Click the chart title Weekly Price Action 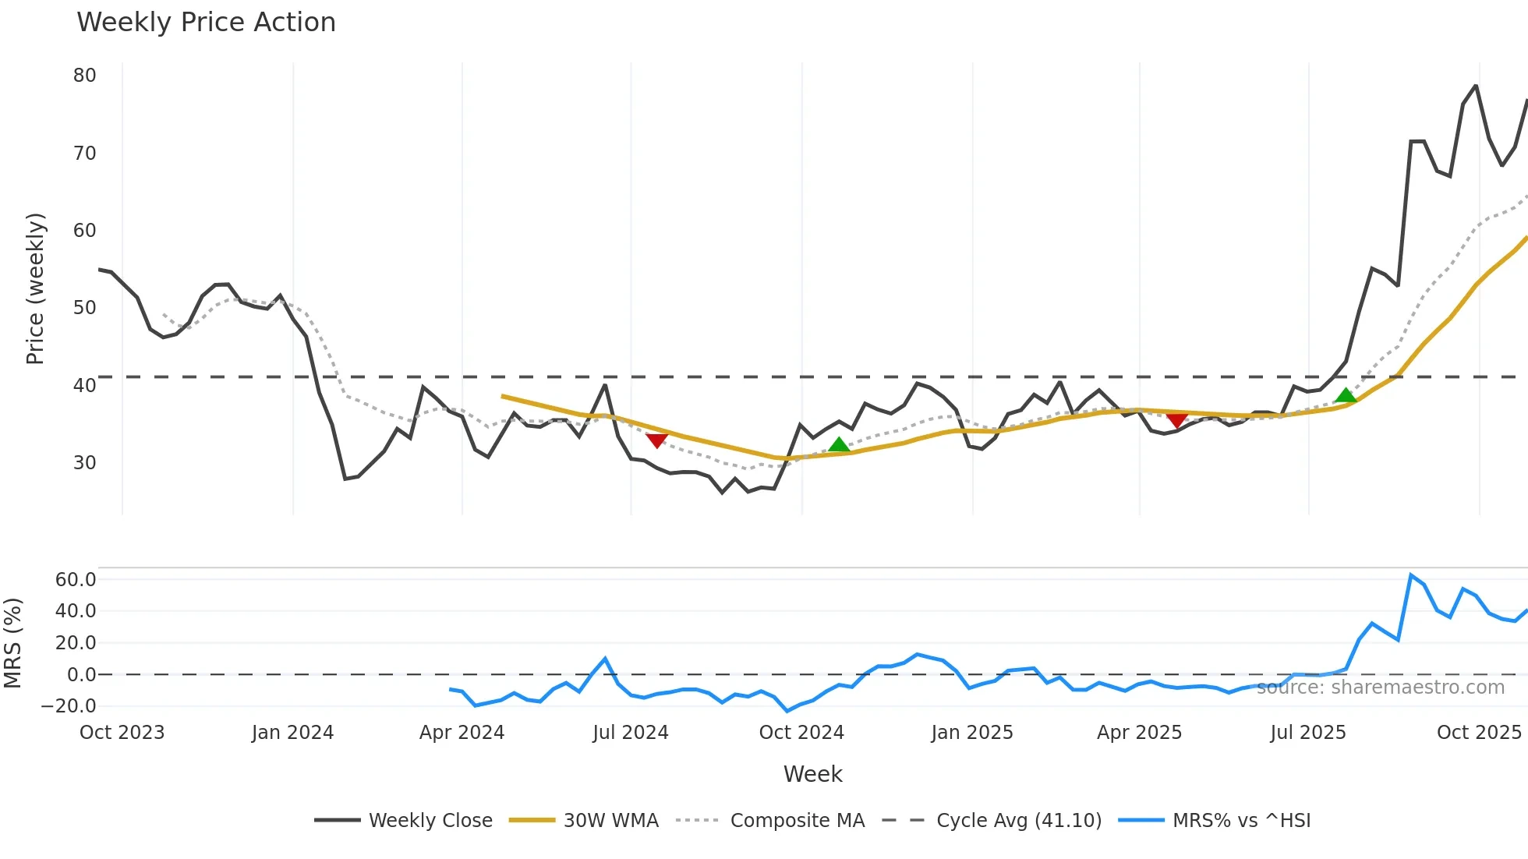(x=206, y=23)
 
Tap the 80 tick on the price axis (x=85, y=76)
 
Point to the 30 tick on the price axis (x=85, y=463)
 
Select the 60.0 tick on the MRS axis (x=76, y=580)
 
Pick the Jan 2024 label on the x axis (x=292, y=733)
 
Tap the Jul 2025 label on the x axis (x=1308, y=733)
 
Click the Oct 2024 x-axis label (x=801, y=733)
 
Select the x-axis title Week (x=812, y=774)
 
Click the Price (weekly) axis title (x=36, y=288)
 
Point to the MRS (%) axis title (x=13, y=643)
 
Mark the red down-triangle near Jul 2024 (x=657, y=440)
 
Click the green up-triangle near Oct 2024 (x=839, y=445)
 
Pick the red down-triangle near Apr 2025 (x=1177, y=421)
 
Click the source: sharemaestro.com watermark (x=1380, y=688)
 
